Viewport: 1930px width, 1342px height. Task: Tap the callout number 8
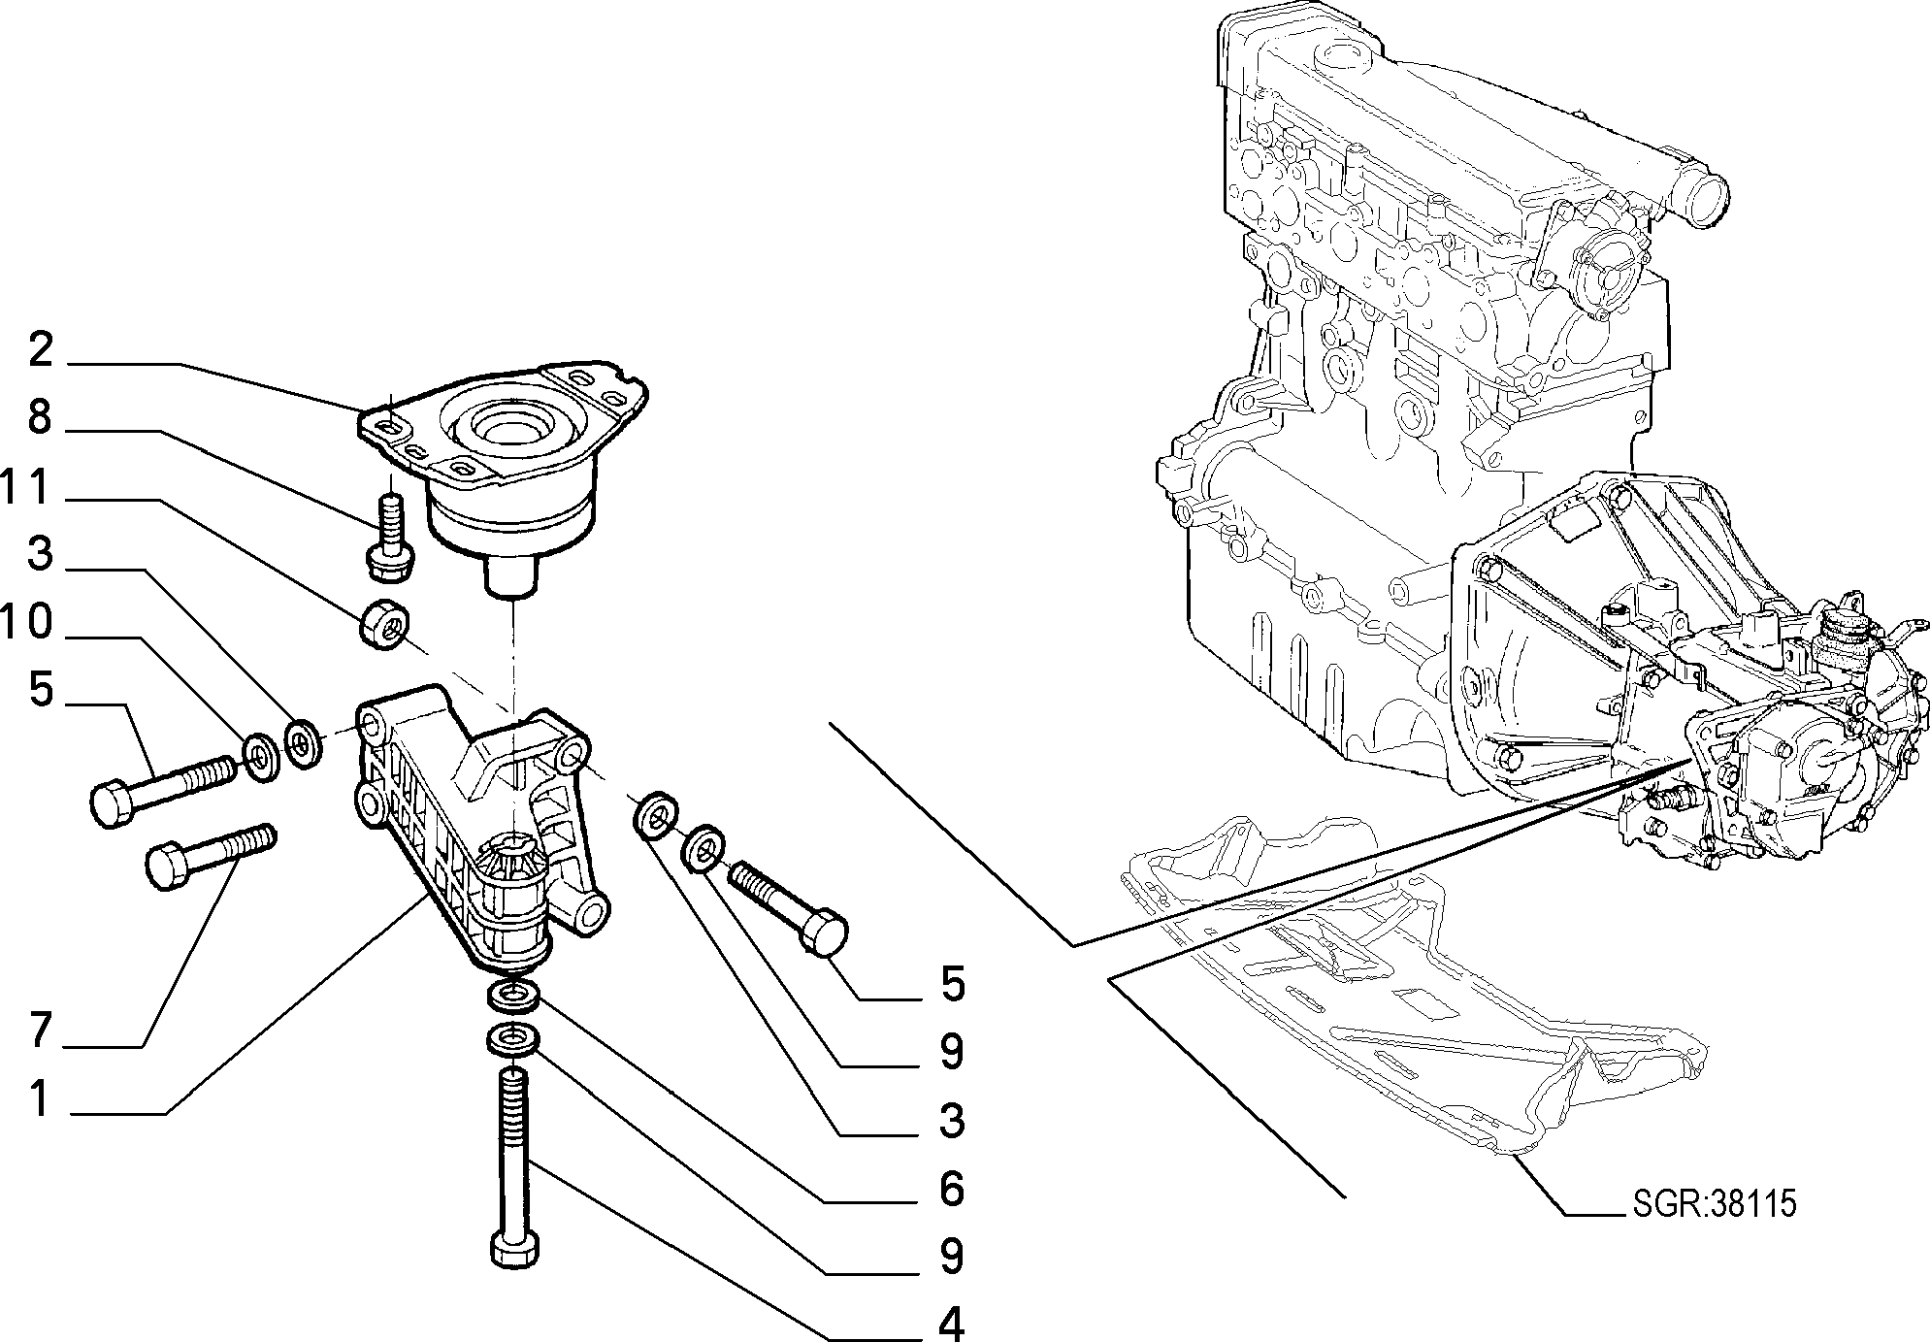point(39,417)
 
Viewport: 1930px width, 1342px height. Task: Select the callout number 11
point(25,487)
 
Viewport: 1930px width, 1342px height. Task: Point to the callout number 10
point(26,623)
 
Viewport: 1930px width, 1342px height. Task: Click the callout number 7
point(39,1030)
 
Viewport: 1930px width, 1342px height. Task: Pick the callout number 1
point(39,1099)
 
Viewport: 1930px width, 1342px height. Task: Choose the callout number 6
point(951,1189)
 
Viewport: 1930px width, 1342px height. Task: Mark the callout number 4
point(951,1324)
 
